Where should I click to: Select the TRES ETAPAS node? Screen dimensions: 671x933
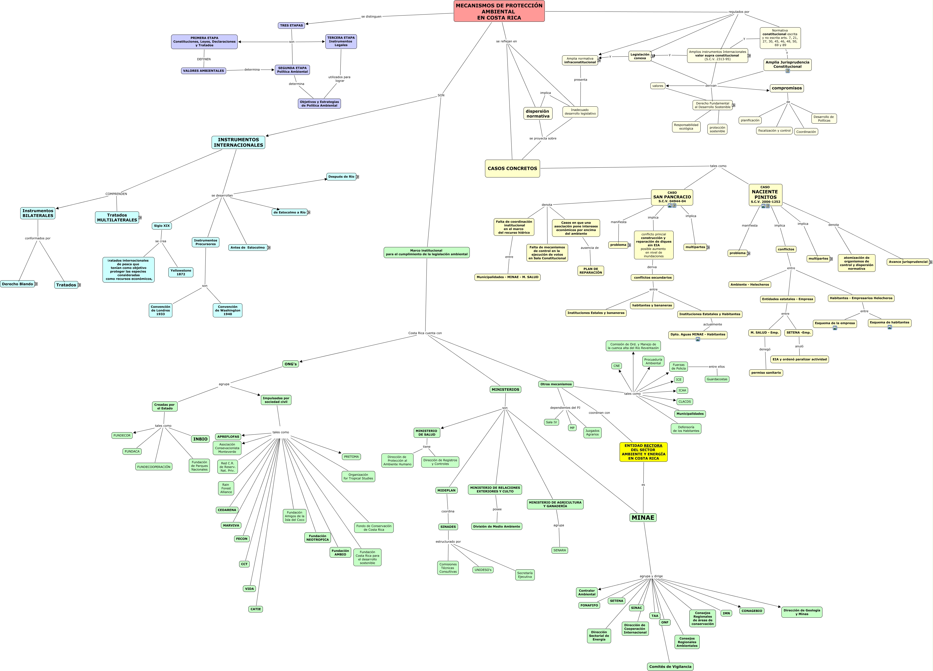click(x=291, y=26)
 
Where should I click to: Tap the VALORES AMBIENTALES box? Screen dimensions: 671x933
click(x=204, y=71)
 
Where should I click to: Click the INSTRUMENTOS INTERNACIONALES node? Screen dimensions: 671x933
click(x=238, y=142)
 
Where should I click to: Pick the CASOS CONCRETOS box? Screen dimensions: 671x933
click(x=512, y=168)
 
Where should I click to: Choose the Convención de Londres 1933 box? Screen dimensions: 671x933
click(x=160, y=310)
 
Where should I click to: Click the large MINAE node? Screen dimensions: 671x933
click(x=643, y=517)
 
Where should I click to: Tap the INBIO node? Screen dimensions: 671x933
click(x=200, y=439)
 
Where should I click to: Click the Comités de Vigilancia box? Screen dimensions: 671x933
click(x=670, y=666)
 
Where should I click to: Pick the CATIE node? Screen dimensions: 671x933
click(x=255, y=609)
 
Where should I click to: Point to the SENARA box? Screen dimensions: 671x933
click(x=560, y=550)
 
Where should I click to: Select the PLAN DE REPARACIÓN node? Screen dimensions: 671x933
click(x=590, y=271)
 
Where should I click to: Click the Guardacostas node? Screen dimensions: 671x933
click(x=717, y=379)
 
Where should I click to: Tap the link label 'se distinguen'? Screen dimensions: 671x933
click(x=371, y=17)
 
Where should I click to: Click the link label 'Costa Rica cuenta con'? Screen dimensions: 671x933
click(x=425, y=333)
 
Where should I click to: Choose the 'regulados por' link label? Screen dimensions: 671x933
click(x=739, y=12)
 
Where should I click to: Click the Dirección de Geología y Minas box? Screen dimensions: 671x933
click(x=801, y=612)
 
